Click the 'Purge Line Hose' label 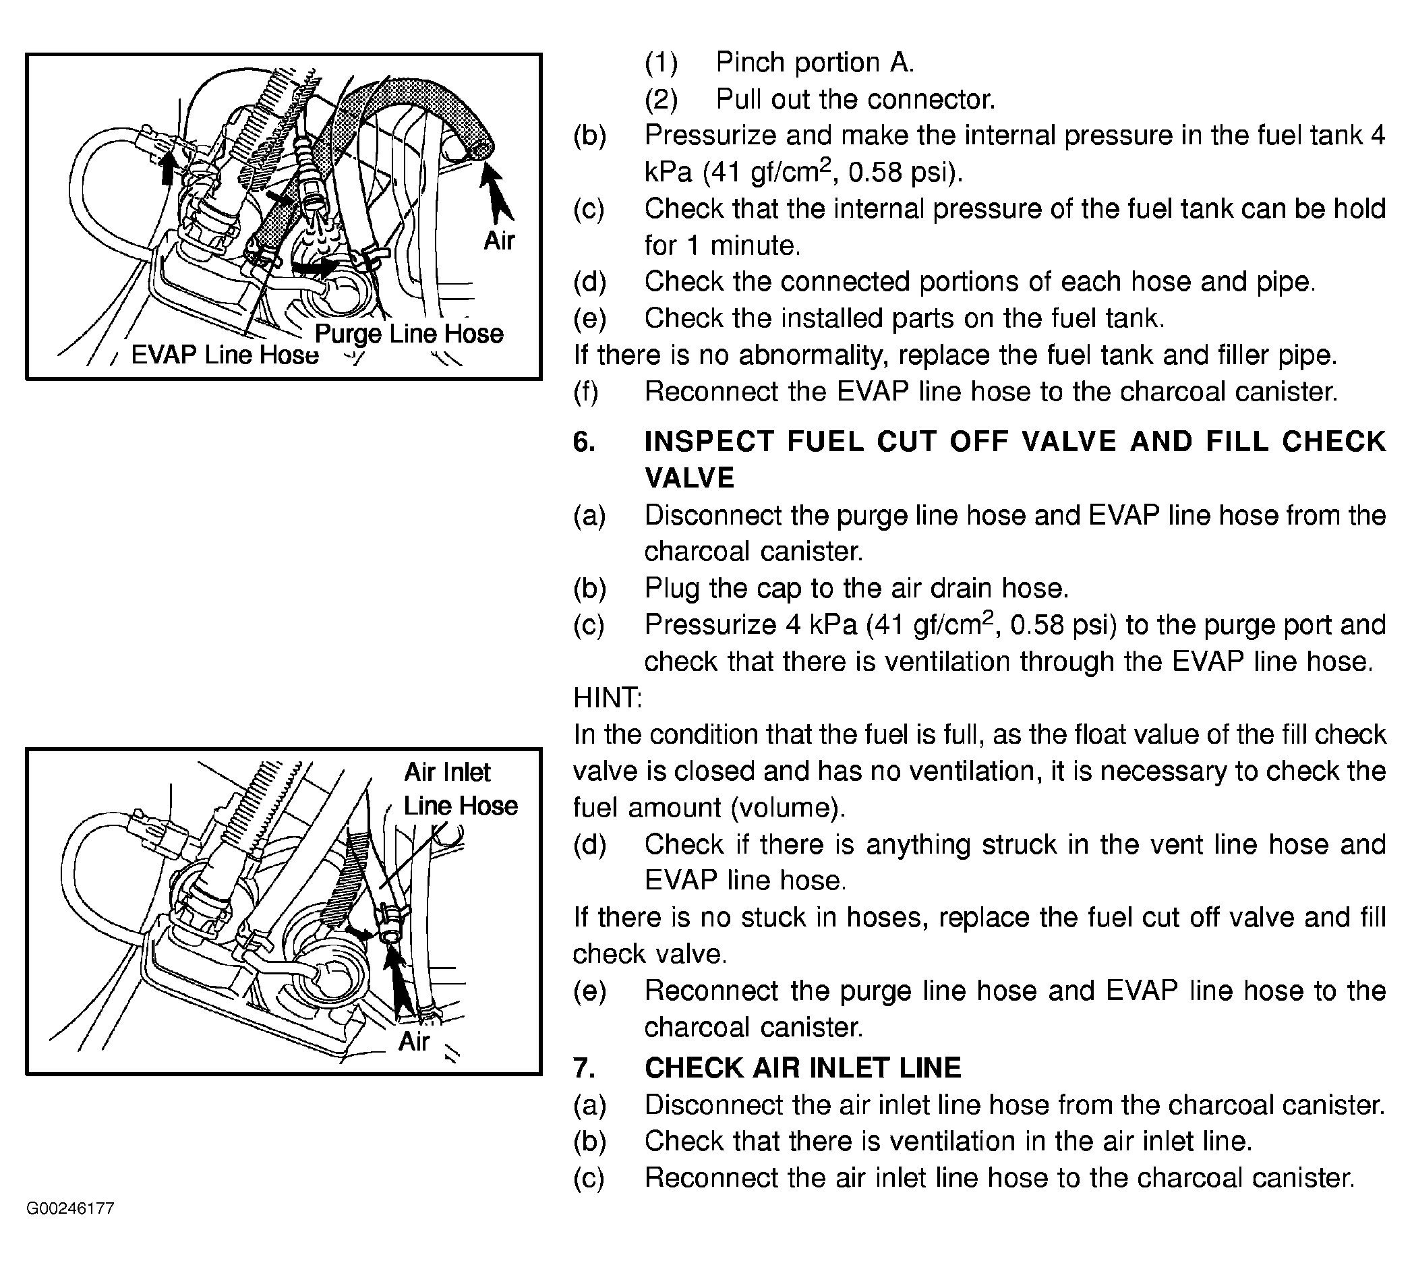(409, 334)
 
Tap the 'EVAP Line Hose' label (225, 355)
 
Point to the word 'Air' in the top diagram (499, 241)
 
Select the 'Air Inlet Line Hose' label (459, 789)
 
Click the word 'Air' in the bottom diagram (414, 1041)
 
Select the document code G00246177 (70, 1208)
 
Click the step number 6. (584, 442)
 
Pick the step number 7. (584, 1067)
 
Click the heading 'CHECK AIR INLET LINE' (802, 1067)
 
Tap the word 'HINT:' (608, 698)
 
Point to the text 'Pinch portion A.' (815, 63)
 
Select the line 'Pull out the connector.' (855, 100)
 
